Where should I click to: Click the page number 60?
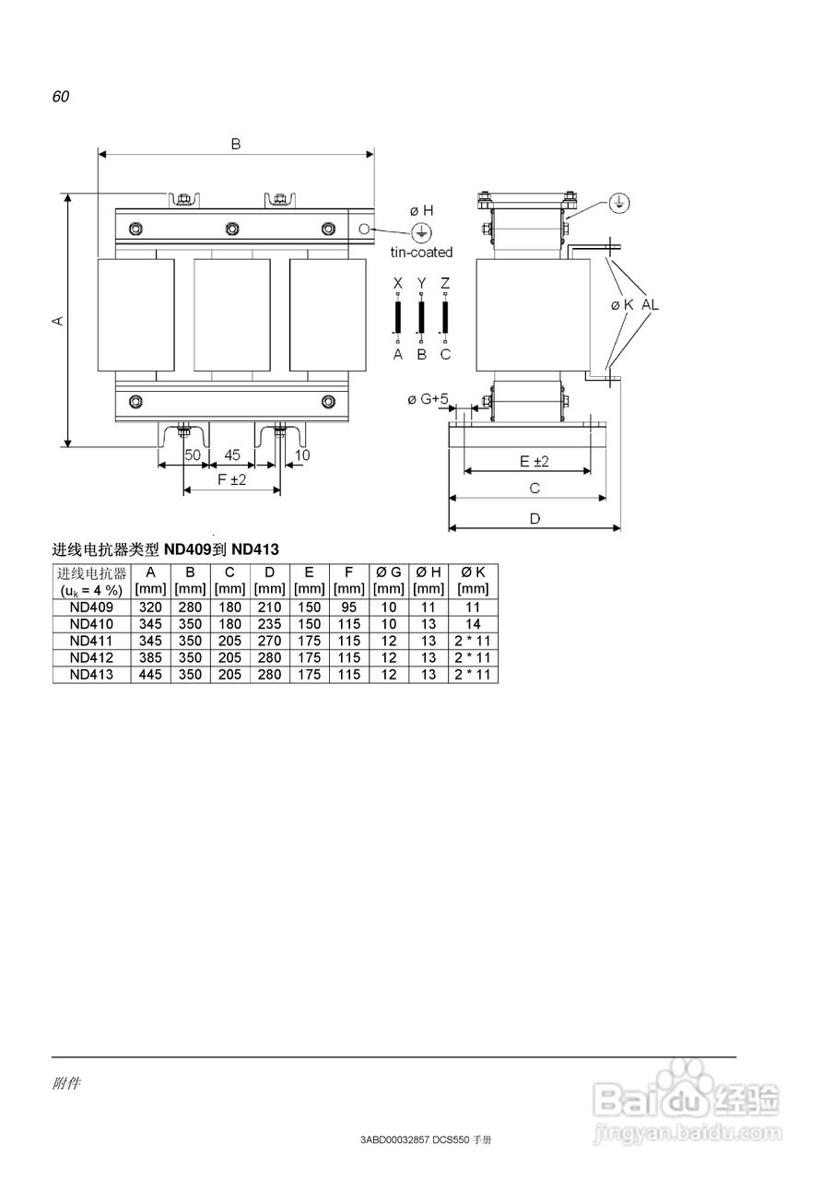coord(61,97)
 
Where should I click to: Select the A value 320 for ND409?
coord(150,608)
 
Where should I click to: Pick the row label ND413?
coord(91,674)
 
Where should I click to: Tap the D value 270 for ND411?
coord(269,641)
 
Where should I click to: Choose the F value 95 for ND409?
coord(348,608)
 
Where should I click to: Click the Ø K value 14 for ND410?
coord(473,624)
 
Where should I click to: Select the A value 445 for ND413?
coord(150,674)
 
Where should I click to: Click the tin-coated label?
coord(421,253)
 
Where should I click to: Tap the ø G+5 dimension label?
coord(428,399)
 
